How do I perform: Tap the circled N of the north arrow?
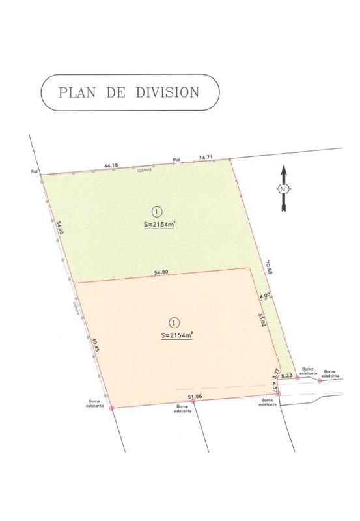click(283, 190)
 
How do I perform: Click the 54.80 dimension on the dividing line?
click(162, 272)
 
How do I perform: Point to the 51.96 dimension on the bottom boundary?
click(195, 396)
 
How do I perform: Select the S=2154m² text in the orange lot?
click(176, 335)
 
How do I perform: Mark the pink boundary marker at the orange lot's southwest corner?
click(112, 408)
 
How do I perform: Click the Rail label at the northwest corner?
click(35, 172)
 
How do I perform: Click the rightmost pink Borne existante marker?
click(320, 380)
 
